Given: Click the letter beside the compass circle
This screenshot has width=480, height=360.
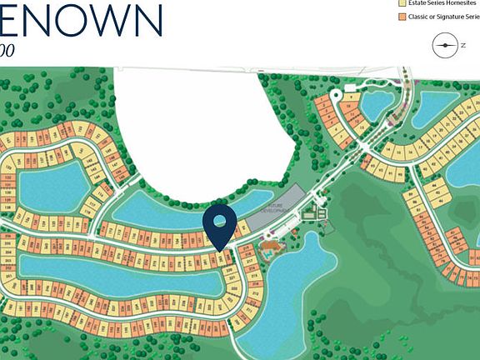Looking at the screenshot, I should click(463, 46).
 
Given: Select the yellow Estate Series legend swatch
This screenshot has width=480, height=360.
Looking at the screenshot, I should click(401, 3).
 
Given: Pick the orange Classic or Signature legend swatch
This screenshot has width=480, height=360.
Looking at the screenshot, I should click(401, 17).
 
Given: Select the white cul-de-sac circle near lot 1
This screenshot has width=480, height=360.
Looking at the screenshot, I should click(335, 95).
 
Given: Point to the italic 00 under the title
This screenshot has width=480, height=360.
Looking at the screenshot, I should click(7, 50).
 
